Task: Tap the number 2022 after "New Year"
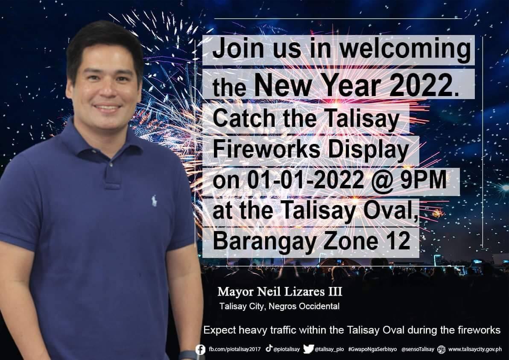click(x=422, y=85)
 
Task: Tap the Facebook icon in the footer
click(x=201, y=350)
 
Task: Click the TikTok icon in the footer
click(x=269, y=348)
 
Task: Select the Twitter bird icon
click(x=308, y=349)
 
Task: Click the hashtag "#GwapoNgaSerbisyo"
click(x=372, y=349)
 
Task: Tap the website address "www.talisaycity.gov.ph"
click(x=475, y=349)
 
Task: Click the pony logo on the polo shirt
click(x=154, y=201)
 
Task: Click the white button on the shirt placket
click(x=111, y=165)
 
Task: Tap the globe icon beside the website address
click(x=441, y=349)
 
